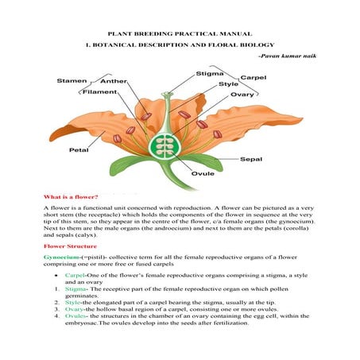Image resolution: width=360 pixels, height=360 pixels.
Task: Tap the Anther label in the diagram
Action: coord(114,82)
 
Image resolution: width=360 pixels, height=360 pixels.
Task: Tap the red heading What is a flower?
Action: coord(72,195)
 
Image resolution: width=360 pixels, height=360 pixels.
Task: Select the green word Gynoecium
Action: coord(62,259)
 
